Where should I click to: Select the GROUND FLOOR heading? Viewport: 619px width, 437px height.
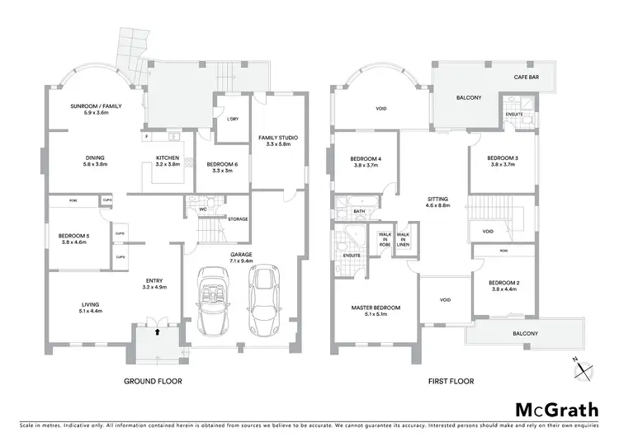coord(153,382)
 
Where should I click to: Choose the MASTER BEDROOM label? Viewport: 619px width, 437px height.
coord(376,308)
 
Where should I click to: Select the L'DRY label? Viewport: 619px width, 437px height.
coord(233,120)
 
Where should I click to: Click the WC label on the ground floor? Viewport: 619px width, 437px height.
coord(203,209)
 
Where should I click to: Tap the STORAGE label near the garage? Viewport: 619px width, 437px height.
coord(238,219)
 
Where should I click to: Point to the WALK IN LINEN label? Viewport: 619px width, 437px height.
coord(403,239)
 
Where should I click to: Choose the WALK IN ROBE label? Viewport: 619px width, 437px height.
coord(384,239)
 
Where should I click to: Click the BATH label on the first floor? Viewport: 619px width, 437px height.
coord(359,211)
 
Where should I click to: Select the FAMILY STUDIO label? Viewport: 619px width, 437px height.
coord(278,137)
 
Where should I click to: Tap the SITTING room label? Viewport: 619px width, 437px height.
coord(437,198)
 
